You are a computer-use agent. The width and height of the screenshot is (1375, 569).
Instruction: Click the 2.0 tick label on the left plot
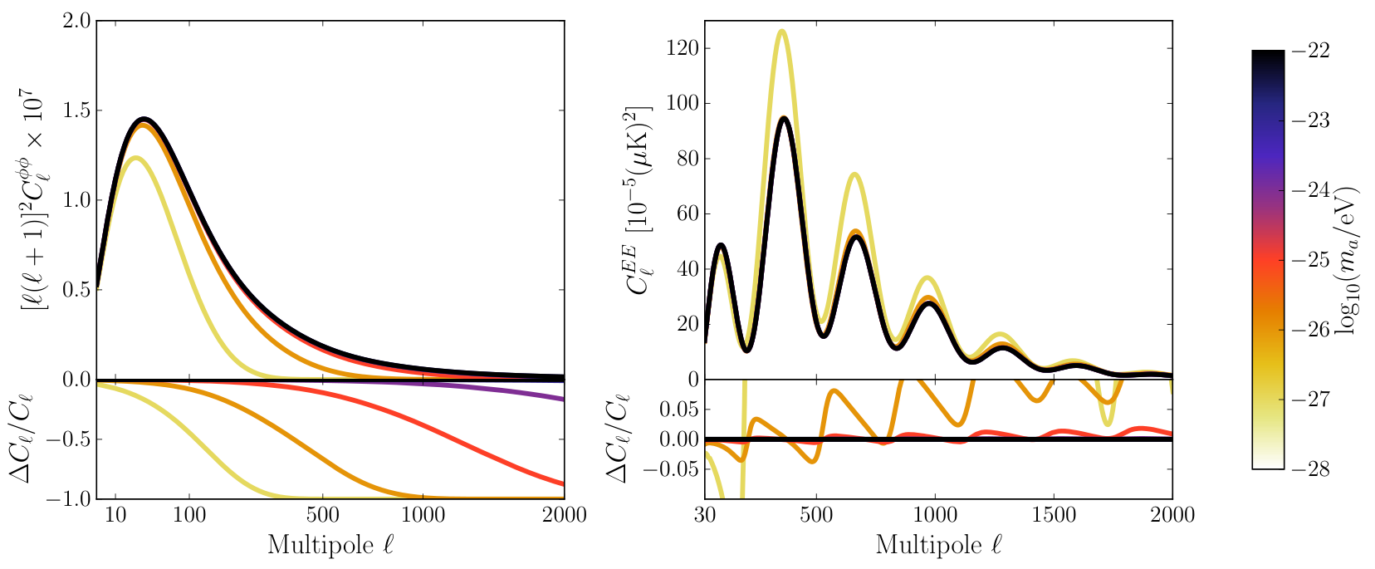76,21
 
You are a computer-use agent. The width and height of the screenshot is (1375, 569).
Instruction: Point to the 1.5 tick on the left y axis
76,110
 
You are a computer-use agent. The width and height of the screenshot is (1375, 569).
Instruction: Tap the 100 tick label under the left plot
189,514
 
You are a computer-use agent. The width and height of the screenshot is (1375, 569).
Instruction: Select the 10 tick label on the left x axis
115,514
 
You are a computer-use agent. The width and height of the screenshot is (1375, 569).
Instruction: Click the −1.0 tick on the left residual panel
68,498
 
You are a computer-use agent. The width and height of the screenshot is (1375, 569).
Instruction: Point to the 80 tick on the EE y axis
687,159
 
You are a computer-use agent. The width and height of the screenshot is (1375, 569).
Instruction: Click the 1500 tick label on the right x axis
1054,514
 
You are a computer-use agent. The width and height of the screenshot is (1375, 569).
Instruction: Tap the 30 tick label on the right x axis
705,514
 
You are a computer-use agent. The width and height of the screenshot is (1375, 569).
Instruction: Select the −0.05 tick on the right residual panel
670,469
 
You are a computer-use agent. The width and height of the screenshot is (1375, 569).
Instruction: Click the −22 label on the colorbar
1310,51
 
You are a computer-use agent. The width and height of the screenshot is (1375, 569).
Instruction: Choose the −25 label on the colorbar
1310,260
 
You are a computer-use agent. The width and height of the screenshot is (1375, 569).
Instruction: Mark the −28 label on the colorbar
1310,469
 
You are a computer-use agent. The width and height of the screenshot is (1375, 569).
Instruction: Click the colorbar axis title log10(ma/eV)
1348,260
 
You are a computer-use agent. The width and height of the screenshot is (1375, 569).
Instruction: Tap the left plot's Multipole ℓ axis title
330,545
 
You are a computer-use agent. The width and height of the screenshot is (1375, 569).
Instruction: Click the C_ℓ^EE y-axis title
639,200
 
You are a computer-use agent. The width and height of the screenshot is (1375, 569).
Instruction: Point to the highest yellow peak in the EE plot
781,31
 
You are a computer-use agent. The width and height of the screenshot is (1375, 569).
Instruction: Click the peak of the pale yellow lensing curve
135,159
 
